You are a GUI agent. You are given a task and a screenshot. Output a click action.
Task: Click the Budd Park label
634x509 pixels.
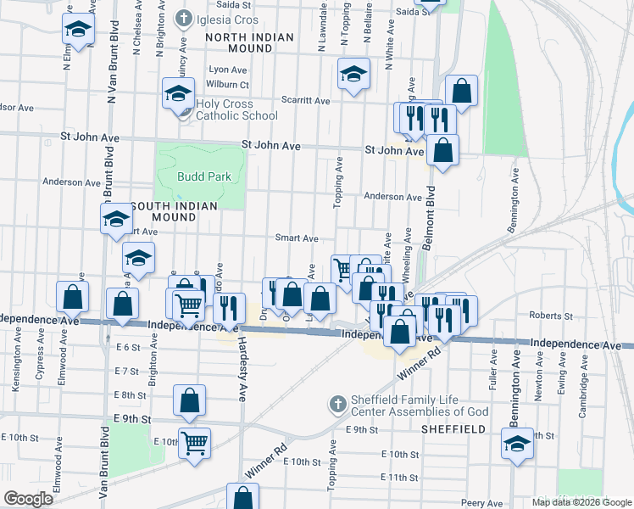(x=198, y=176)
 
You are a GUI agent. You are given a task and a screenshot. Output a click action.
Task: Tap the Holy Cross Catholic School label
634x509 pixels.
(x=236, y=110)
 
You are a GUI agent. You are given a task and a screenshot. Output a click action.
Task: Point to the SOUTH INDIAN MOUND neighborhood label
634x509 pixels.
(x=175, y=211)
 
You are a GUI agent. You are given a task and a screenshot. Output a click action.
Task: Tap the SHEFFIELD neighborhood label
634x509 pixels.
(x=453, y=429)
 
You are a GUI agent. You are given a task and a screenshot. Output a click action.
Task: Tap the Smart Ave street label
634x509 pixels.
(x=297, y=238)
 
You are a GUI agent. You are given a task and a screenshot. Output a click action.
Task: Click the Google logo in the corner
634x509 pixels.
(x=28, y=498)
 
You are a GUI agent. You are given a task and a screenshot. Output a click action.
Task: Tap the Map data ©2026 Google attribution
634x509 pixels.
(x=581, y=502)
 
